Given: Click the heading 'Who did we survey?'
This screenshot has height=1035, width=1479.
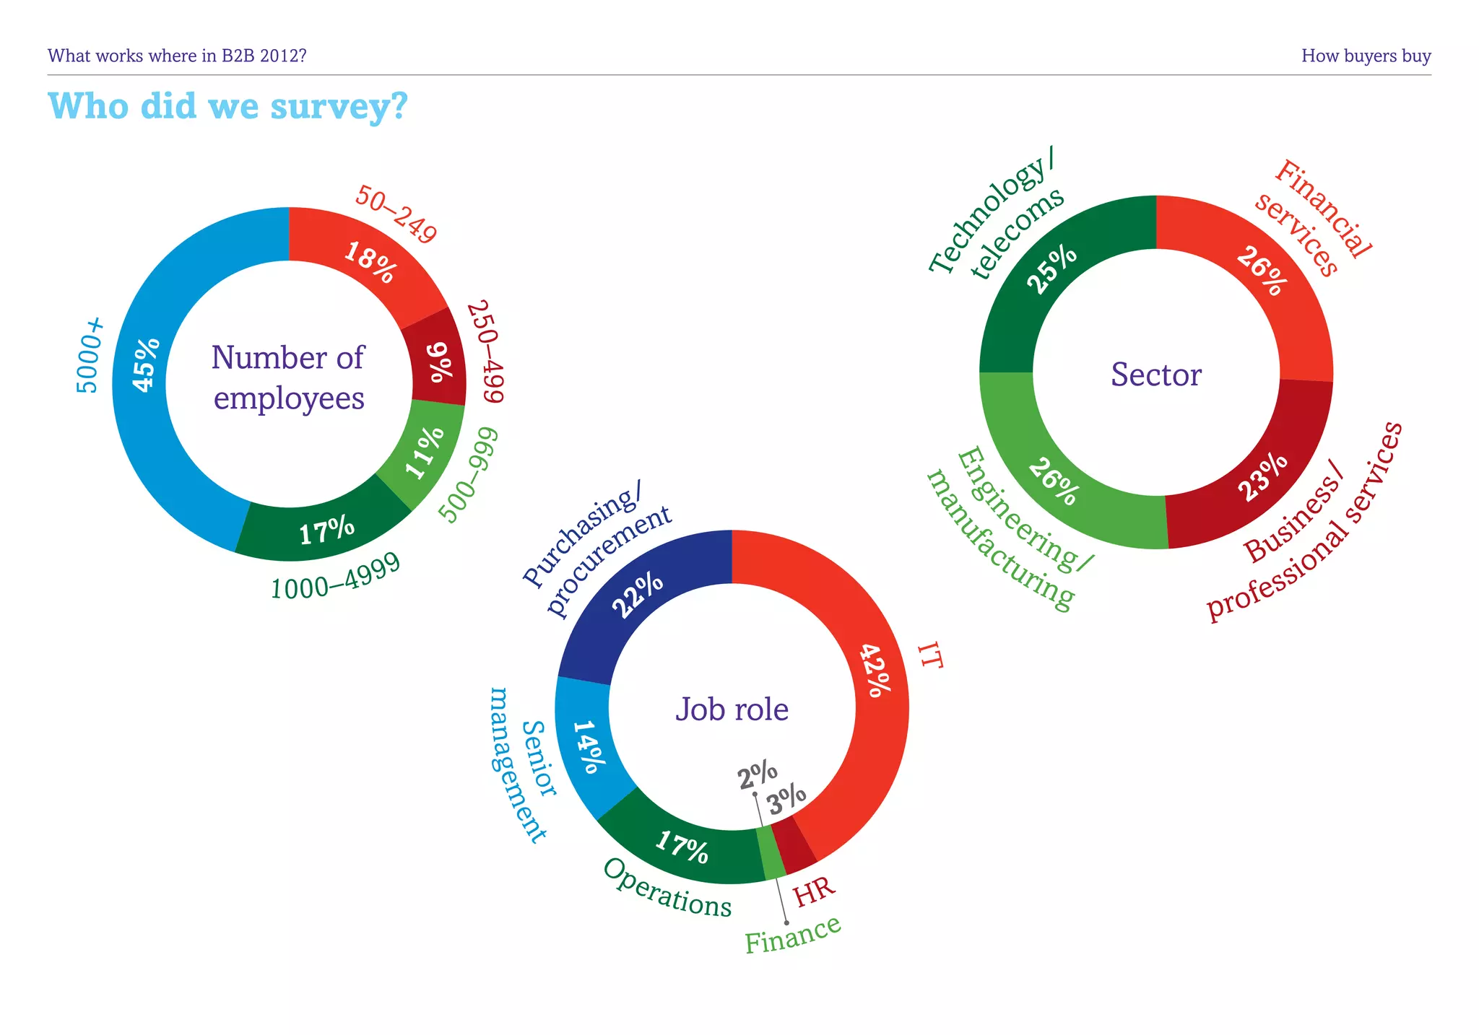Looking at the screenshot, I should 227,107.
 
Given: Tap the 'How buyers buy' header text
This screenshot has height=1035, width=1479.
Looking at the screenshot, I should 1366,56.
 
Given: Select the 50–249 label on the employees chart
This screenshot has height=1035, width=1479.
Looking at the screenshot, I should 396,214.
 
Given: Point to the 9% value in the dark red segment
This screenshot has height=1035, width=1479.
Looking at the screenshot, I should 441,361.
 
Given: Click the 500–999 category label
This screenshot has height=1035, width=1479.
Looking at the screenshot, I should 469,475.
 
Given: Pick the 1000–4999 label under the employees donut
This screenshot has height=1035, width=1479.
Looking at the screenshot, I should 335,577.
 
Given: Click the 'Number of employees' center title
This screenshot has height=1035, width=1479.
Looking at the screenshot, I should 288,377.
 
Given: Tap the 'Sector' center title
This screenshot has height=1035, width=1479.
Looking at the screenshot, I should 1155,375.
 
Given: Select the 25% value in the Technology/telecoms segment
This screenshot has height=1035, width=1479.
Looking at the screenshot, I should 1051,269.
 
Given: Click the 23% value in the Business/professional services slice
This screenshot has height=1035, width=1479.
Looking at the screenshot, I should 1262,476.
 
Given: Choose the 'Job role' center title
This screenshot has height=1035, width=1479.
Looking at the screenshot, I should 732,709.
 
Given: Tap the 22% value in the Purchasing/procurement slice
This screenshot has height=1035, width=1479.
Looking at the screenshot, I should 637,595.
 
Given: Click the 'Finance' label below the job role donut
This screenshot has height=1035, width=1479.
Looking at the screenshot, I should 792,935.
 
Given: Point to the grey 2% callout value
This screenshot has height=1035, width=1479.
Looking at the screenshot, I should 757,776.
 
